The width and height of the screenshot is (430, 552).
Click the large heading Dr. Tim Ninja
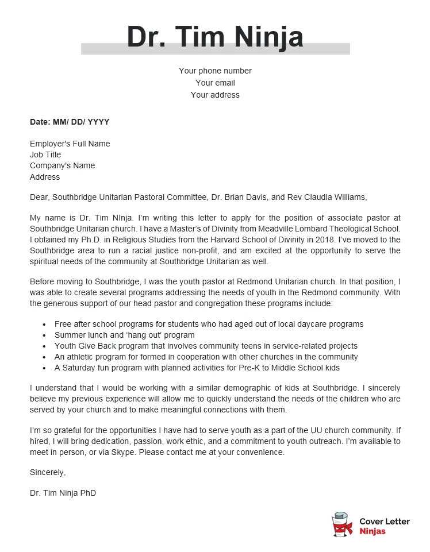[x=215, y=37]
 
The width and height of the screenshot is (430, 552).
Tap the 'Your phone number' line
[x=215, y=71]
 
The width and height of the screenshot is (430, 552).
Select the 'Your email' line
[x=215, y=83]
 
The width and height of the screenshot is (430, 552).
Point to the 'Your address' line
[x=215, y=95]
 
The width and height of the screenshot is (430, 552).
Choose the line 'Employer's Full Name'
[x=70, y=144]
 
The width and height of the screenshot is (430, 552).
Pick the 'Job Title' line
[x=45, y=155]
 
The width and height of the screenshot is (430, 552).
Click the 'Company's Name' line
[x=63, y=165]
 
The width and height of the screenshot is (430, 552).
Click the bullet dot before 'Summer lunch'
[x=44, y=335]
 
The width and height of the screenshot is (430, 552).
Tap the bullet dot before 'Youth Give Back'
[x=44, y=346]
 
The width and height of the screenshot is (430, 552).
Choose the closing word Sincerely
[x=48, y=472]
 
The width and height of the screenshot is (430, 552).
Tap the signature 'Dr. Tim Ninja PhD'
[x=63, y=493]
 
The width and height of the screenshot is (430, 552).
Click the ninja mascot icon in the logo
[x=343, y=524]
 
